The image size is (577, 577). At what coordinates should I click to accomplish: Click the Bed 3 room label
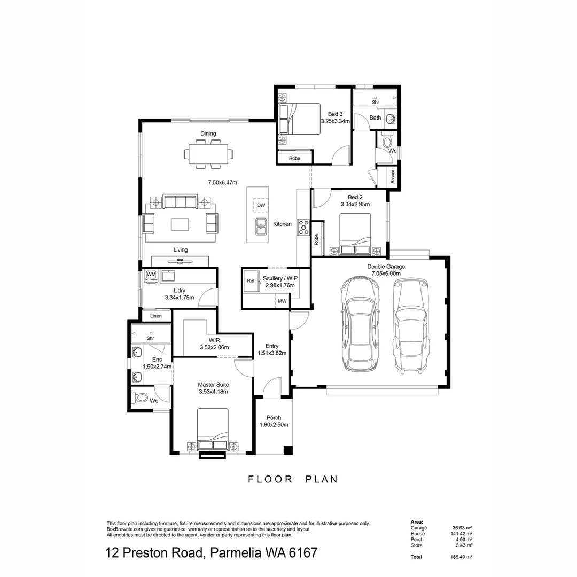click(334, 114)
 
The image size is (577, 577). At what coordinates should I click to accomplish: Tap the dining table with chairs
click(208, 153)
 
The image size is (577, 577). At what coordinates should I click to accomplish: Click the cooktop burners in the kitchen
click(303, 227)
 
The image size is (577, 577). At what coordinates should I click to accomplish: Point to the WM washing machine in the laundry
click(151, 275)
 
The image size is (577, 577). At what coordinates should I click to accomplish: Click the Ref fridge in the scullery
click(251, 280)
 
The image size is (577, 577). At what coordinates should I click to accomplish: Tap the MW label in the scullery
click(282, 302)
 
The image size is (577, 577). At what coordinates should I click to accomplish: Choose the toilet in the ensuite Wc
click(141, 398)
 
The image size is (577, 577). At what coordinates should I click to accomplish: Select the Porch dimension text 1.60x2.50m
click(274, 425)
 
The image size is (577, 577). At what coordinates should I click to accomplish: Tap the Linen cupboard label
click(156, 316)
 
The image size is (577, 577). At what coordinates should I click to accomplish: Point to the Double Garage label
click(386, 266)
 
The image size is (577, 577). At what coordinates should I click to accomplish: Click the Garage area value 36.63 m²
click(462, 528)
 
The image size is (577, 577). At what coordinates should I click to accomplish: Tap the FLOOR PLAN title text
click(293, 479)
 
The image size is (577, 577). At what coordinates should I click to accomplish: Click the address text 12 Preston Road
click(155, 552)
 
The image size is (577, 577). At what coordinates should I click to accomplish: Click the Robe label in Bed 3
click(294, 158)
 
